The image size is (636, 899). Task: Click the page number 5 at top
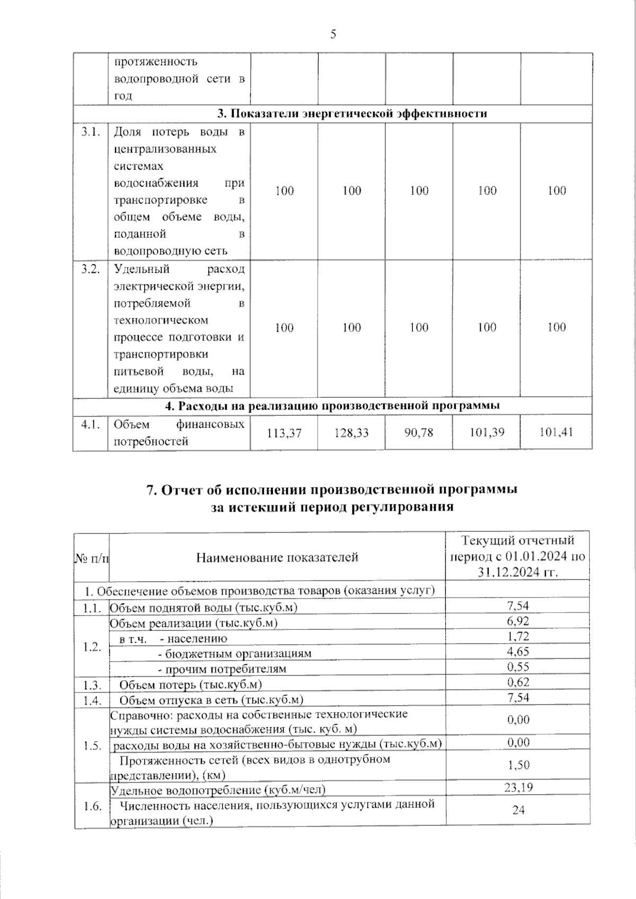333,35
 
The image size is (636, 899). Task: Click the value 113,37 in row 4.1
284,433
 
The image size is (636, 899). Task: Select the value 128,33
351,433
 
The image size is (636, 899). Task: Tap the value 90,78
419,433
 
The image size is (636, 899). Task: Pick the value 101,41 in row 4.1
556,432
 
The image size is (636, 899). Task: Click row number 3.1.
91,132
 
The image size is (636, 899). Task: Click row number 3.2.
91,269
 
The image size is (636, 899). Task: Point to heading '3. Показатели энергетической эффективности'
352,113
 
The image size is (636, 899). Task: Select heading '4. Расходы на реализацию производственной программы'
332,406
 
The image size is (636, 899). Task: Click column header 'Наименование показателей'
277,557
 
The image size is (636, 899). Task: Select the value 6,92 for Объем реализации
518,621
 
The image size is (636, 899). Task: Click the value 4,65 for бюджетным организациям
518,652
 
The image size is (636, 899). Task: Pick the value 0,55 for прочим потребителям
518,667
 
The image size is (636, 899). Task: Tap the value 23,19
518,788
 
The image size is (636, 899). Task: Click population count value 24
518,810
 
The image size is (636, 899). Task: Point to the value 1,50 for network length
518,765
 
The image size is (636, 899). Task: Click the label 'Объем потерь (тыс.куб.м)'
190,685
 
